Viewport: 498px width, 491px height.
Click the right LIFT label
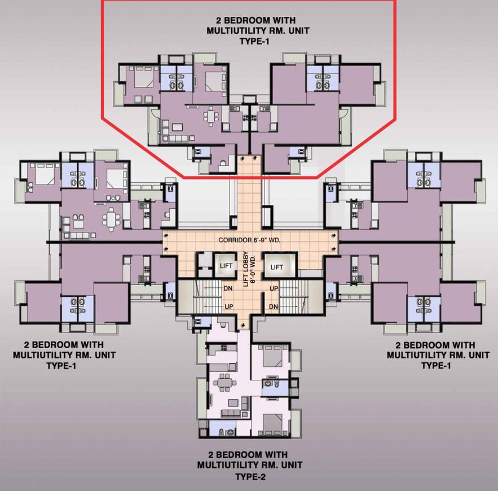click(x=276, y=267)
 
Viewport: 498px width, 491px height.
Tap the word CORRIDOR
click(x=236, y=240)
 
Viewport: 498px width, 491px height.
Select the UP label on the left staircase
click(x=230, y=306)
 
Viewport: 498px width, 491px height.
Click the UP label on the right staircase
click(x=273, y=288)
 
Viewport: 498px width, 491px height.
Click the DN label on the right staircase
click(x=274, y=306)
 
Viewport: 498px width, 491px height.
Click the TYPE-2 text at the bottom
click(x=250, y=477)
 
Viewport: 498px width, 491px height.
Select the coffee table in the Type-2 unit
click(x=232, y=402)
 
